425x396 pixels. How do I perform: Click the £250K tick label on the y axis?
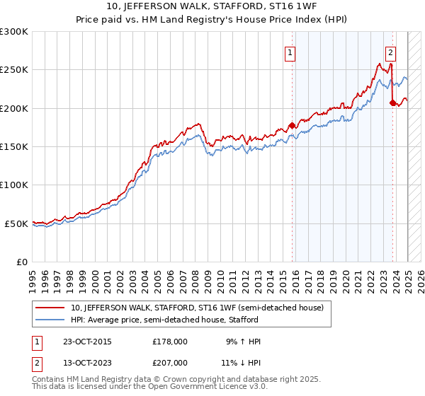point(14,70)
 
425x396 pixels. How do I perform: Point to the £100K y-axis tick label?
point(14,185)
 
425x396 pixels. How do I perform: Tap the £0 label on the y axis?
point(22,262)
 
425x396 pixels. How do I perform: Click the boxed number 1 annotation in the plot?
point(290,52)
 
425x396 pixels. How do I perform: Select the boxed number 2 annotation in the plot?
point(390,52)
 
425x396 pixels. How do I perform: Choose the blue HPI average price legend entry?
point(164,320)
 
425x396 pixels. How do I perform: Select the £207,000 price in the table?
point(170,362)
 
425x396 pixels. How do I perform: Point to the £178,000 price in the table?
point(170,342)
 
